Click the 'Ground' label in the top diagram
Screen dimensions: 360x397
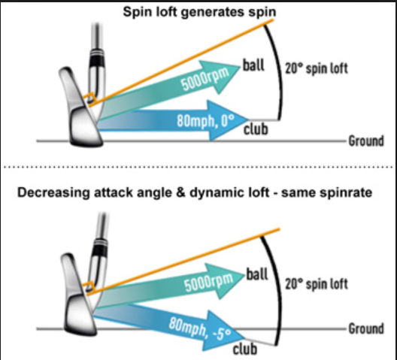pyautogui.click(x=366, y=141)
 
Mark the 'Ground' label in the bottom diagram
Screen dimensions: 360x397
pyautogui.click(x=366, y=329)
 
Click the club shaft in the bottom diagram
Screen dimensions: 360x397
pyautogui.click(x=98, y=233)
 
